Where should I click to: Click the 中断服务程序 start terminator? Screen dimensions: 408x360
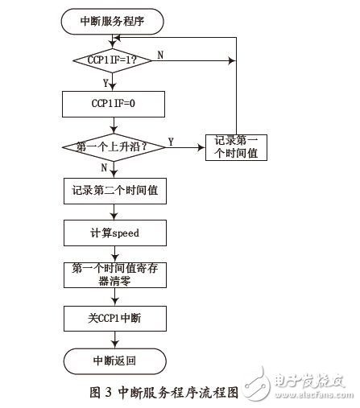click(x=112, y=22)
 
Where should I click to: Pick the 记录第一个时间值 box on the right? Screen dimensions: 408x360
click(x=237, y=146)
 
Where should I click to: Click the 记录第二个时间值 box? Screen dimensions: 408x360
click(x=112, y=192)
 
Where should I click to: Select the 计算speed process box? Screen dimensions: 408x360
click(x=112, y=233)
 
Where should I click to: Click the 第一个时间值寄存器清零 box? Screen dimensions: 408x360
click(x=112, y=276)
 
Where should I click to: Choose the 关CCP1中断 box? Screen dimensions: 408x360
click(x=112, y=319)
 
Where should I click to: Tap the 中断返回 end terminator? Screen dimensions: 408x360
click(x=112, y=360)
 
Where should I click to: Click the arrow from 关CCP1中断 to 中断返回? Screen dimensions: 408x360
click(x=114, y=340)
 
